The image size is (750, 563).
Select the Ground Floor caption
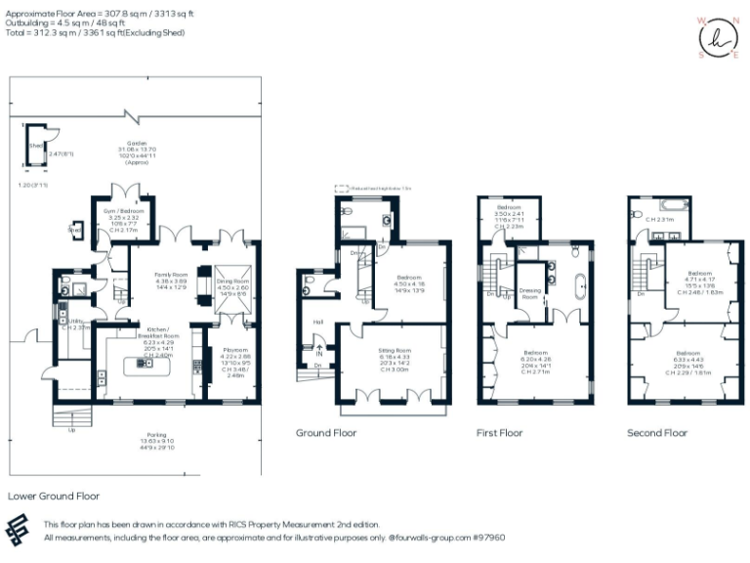point(326,432)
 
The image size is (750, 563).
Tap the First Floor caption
point(500,432)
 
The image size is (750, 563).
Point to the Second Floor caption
point(657,432)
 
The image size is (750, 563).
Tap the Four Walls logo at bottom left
point(21,531)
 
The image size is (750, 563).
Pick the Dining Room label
point(230,281)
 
